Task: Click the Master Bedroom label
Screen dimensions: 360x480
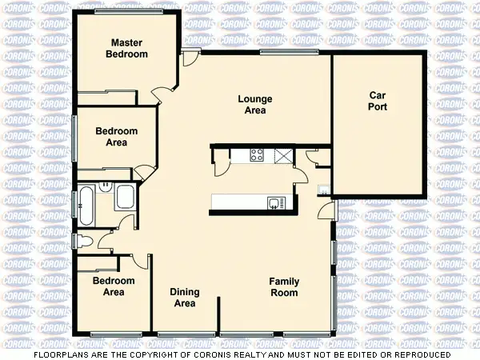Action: [x=129, y=48]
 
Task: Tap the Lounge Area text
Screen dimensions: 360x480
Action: [x=255, y=105]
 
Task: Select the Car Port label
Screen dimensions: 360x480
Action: [x=378, y=100]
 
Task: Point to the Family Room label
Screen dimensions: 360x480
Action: [x=283, y=286]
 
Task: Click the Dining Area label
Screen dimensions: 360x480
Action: [x=185, y=298]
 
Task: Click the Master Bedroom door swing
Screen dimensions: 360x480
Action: [x=164, y=93]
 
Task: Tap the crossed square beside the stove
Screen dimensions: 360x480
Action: [x=282, y=155]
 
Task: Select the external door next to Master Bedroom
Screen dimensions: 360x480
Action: [x=190, y=58]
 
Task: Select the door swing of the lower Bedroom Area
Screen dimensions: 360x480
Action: [x=141, y=261]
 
